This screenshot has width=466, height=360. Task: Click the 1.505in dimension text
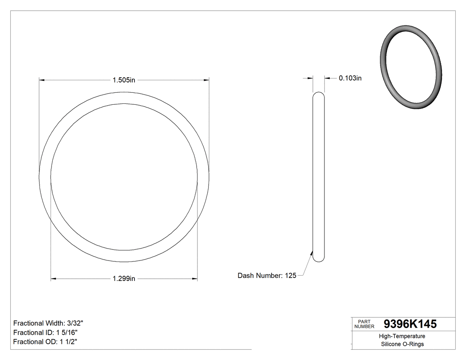click(123, 80)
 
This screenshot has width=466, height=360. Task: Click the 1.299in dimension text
click(123, 279)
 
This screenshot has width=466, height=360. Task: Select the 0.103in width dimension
click(350, 78)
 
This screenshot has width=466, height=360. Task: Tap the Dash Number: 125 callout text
click(267, 276)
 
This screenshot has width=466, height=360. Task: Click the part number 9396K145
click(410, 324)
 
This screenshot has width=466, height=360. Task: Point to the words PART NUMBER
click(364, 324)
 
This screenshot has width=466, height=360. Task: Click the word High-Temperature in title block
click(402, 336)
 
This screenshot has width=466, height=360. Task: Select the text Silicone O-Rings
click(402, 344)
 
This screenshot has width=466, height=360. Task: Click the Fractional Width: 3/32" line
click(48, 323)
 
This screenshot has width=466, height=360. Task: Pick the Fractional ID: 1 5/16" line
click(46, 332)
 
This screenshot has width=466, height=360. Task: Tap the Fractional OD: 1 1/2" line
click(46, 341)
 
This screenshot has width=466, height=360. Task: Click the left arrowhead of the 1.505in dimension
click(43, 80)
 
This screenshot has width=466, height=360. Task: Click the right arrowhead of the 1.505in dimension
click(206, 80)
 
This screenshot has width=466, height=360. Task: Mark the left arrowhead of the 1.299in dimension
click(54, 279)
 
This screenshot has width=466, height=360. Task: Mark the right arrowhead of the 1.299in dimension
click(194, 279)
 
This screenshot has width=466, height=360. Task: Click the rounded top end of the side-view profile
click(319, 95)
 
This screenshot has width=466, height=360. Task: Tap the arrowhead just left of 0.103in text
click(327, 78)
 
